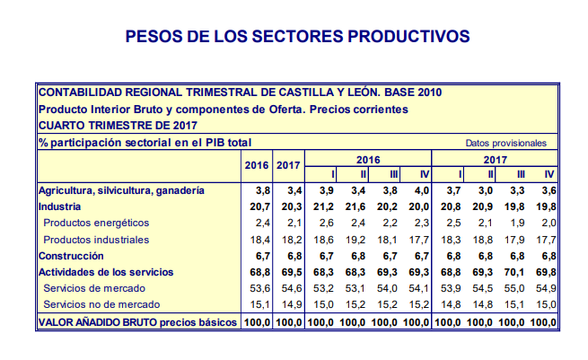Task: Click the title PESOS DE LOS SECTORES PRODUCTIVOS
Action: (x=297, y=36)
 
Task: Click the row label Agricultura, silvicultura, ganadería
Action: (x=122, y=190)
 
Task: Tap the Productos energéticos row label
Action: (x=96, y=223)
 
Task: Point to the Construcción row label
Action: (x=72, y=256)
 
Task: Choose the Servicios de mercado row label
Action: (x=96, y=288)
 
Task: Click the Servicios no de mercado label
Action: (x=102, y=304)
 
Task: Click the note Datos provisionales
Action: (x=505, y=143)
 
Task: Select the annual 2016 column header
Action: (x=257, y=165)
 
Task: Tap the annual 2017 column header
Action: (x=287, y=165)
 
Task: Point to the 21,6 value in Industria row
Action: (x=357, y=206)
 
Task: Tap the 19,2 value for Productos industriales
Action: (x=357, y=240)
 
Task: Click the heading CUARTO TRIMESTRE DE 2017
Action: (x=116, y=126)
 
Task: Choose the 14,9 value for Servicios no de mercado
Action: (x=287, y=304)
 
